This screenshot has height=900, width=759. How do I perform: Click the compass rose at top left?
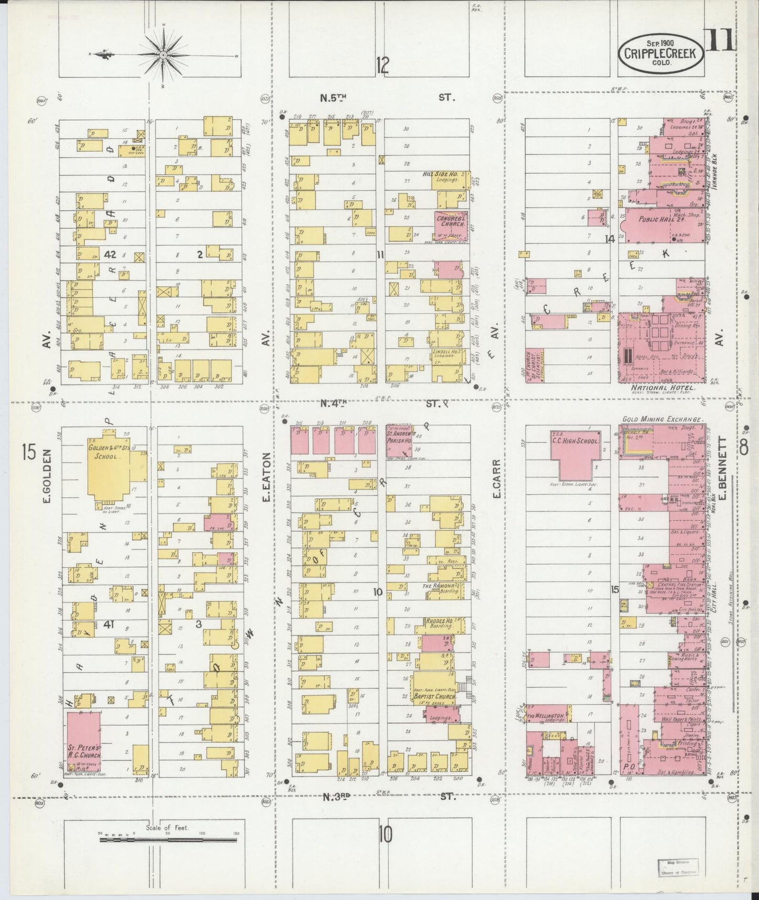[x=163, y=54]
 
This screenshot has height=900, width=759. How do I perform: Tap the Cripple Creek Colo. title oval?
[x=660, y=53]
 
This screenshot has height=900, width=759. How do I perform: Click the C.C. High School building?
[x=575, y=454]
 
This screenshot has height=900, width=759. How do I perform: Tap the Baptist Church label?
[x=433, y=696]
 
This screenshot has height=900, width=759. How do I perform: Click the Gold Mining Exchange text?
[x=662, y=419]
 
